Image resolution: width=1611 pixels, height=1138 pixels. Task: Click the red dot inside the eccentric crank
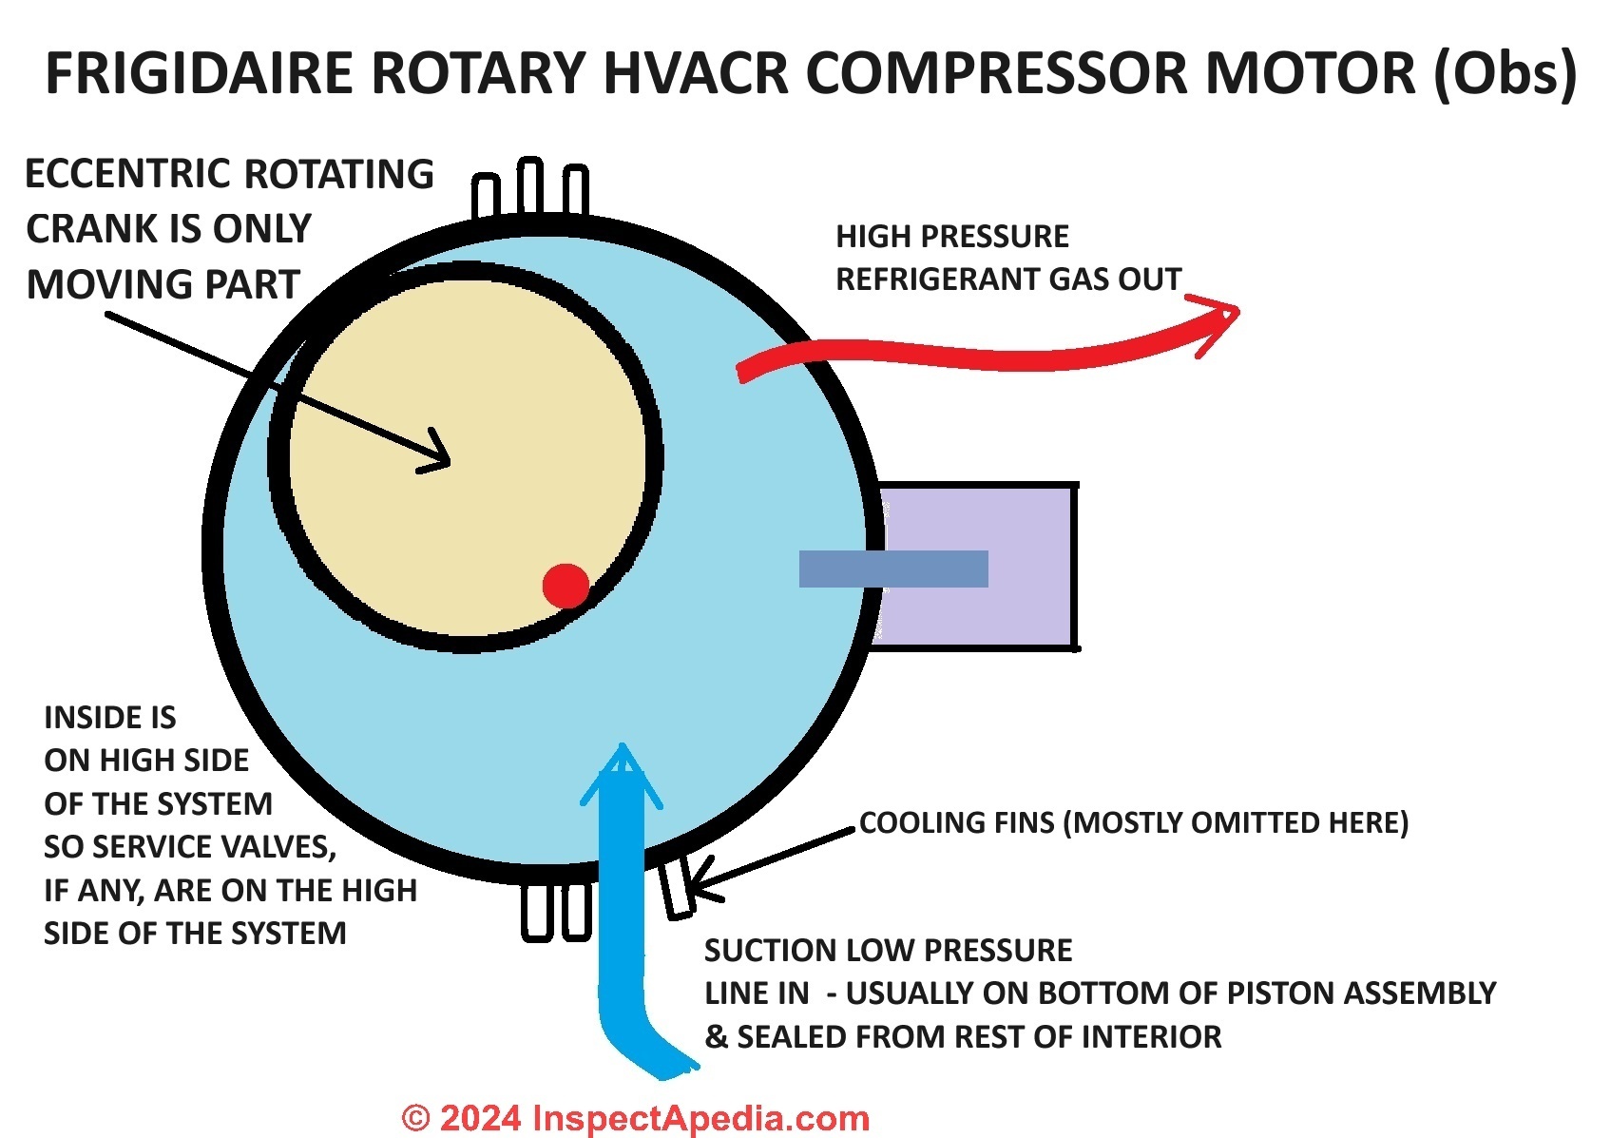click(566, 587)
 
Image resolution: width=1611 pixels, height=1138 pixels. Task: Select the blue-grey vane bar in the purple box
click(893, 569)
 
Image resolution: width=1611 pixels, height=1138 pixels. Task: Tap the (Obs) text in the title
click(1505, 75)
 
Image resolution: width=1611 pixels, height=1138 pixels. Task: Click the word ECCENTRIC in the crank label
click(125, 174)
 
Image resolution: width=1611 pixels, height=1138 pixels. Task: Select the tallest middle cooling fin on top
click(530, 184)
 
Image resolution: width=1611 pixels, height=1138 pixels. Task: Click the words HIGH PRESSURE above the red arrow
click(952, 237)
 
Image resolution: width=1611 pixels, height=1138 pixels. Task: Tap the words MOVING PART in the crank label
click(163, 284)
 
